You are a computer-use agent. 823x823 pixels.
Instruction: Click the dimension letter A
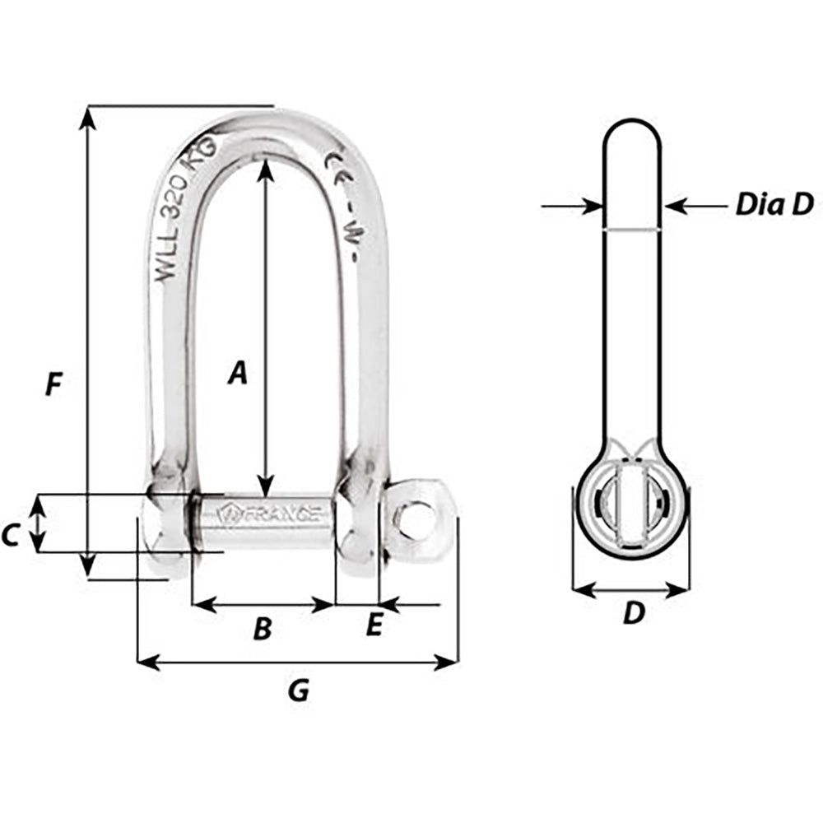pyautogui.click(x=237, y=373)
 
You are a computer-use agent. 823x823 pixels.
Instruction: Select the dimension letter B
pyautogui.click(x=262, y=629)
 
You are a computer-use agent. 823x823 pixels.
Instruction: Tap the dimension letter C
pyautogui.click(x=10, y=536)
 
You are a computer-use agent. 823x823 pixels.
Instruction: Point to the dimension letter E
pyautogui.click(x=374, y=626)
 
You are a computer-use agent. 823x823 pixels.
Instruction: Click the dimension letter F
pyautogui.click(x=54, y=384)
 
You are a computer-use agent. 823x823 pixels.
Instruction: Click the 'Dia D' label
pyautogui.click(x=774, y=204)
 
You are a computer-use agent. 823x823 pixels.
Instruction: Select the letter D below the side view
pyautogui.click(x=632, y=613)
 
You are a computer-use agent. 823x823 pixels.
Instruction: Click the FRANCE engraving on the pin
pyautogui.click(x=272, y=514)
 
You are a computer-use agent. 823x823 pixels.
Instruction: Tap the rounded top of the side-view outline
pyautogui.click(x=631, y=123)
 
